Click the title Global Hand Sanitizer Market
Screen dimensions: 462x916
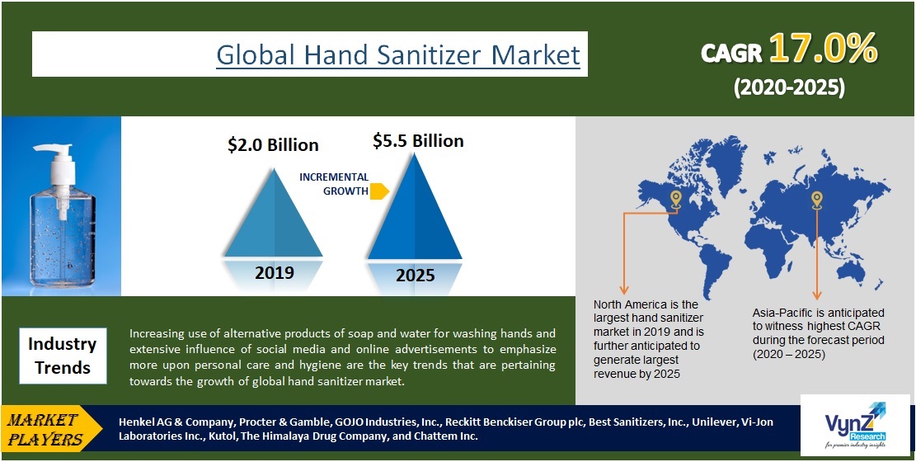tap(398, 54)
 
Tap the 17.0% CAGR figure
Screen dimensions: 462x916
tap(822, 51)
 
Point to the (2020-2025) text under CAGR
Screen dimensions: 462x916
tap(789, 87)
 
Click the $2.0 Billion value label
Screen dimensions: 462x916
tap(273, 145)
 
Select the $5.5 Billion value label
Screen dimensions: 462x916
tap(418, 141)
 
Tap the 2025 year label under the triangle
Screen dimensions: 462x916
tap(415, 275)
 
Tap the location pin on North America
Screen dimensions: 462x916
tap(675, 199)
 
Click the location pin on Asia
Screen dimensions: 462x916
tap(816, 199)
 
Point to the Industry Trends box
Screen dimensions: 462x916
tap(62, 355)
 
